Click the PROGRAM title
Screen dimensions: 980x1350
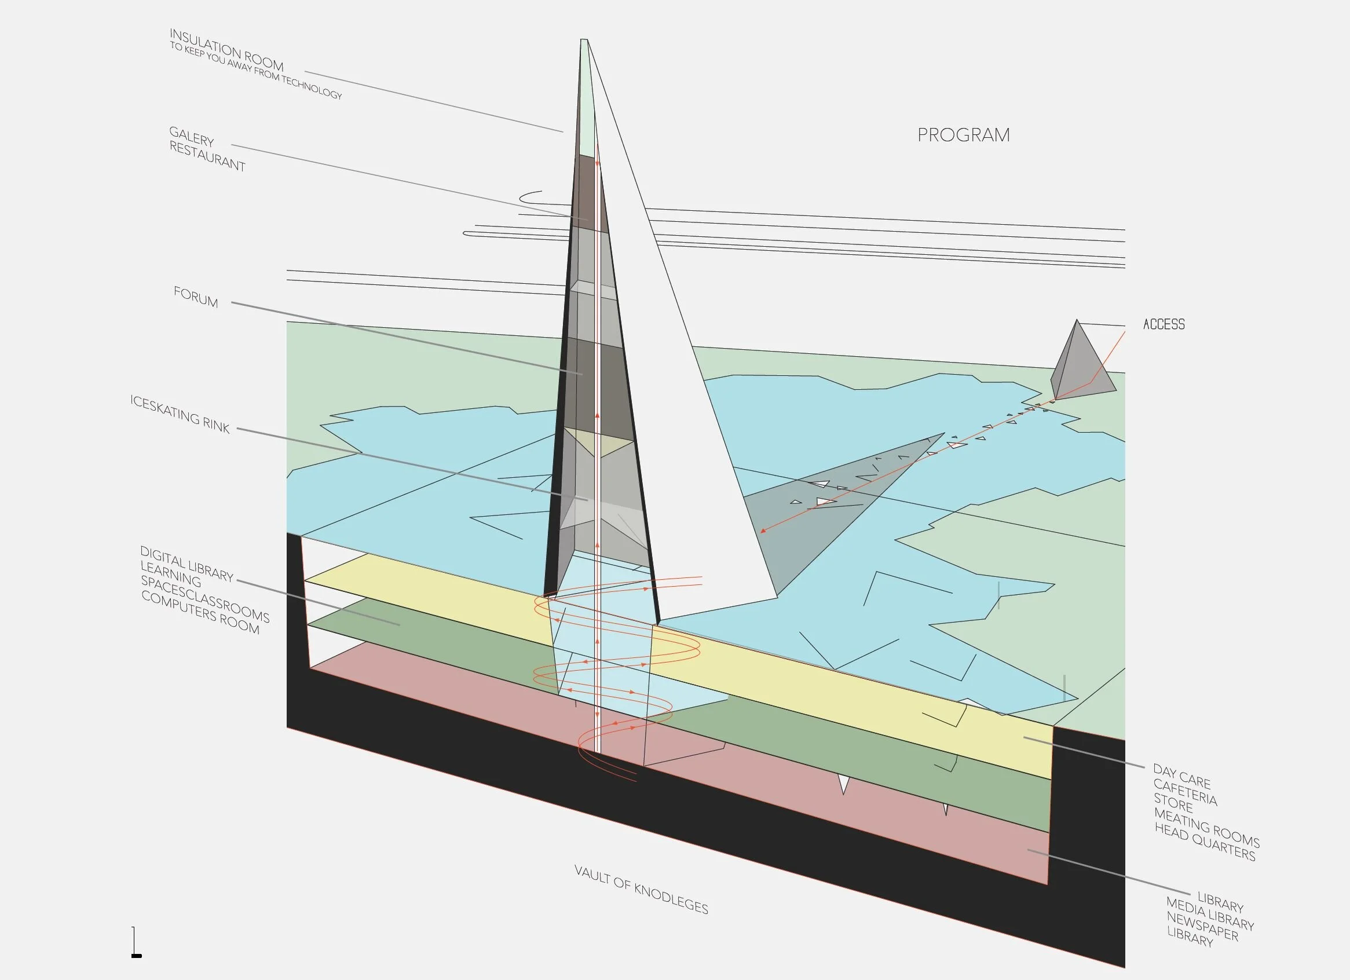pyautogui.click(x=963, y=135)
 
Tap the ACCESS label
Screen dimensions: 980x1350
pyautogui.click(x=1164, y=324)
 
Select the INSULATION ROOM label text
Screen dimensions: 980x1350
pyautogui.click(x=226, y=50)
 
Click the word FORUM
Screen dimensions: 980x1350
pyautogui.click(x=196, y=297)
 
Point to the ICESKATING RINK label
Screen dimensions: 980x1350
pyautogui.click(x=180, y=414)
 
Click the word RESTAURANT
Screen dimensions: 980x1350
pyautogui.click(x=207, y=156)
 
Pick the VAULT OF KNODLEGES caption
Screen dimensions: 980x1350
pyautogui.click(x=641, y=890)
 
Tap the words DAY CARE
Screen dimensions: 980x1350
pyautogui.click(x=1181, y=776)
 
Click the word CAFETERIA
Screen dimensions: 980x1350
pyautogui.click(x=1184, y=792)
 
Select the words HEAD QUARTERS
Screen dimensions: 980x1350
pyautogui.click(x=1205, y=842)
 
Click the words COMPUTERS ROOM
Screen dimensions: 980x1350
pyautogui.click(x=200, y=613)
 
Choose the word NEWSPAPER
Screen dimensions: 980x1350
pyautogui.click(x=1202, y=927)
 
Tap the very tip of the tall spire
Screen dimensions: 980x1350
pyautogui.click(x=584, y=41)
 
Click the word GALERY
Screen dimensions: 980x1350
pyautogui.click(x=191, y=136)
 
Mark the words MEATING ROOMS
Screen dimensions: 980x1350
pyautogui.click(x=1206, y=827)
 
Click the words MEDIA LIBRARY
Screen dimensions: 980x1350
pyautogui.click(x=1210, y=914)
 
